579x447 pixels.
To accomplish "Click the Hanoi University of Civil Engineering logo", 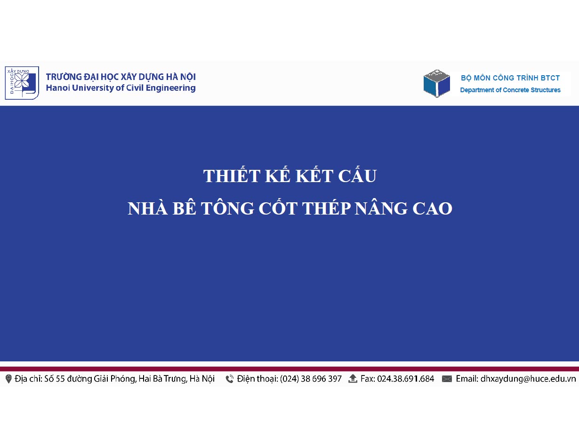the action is coord(22,83).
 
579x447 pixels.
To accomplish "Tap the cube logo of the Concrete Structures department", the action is coord(437,83).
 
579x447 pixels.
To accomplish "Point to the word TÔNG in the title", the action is coord(227,208).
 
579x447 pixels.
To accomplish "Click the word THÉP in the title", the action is coord(326,208).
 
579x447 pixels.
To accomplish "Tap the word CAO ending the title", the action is coord(432,208).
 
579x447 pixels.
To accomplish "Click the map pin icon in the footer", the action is coord(8,379).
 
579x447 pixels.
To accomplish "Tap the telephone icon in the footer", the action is coord(229,379).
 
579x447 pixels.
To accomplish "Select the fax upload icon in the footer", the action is coord(353,379).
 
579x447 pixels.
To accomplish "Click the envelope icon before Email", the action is coord(447,379).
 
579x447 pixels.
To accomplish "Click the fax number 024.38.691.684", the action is coord(406,379).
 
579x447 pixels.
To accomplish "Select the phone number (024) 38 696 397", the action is coord(311,379).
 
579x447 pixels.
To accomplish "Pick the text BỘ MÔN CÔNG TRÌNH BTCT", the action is coord(510,78).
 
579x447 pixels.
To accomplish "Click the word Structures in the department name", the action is coord(546,90).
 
